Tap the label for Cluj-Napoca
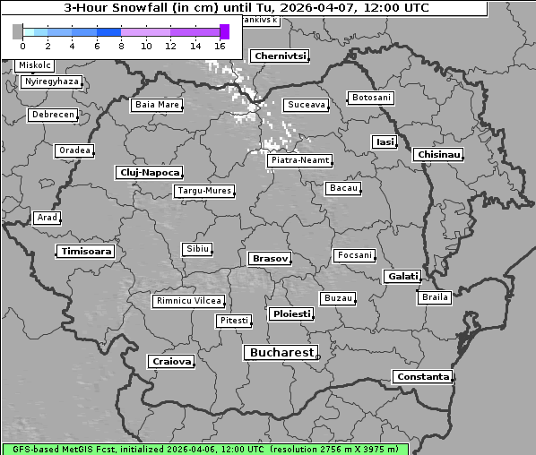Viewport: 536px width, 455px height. (150, 172)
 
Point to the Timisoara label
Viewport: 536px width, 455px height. (86, 252)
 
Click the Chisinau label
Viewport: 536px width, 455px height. (439, 155)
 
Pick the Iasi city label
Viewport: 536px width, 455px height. (385, 142)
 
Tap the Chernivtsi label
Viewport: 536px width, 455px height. (281, 56)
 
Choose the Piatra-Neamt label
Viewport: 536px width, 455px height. (299, 160)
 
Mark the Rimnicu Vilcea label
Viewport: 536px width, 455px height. (188, 301)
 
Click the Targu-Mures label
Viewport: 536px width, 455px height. (204, 191)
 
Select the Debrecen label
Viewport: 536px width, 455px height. (52, 115)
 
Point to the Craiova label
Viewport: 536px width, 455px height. (171, 361)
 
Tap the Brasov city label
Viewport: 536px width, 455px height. (270, 258)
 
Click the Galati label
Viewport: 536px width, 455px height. (402, 277)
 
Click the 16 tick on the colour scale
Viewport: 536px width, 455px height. (220, 45)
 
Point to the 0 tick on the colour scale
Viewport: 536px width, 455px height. (22, 45)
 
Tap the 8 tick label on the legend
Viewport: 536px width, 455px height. (121, 45)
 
